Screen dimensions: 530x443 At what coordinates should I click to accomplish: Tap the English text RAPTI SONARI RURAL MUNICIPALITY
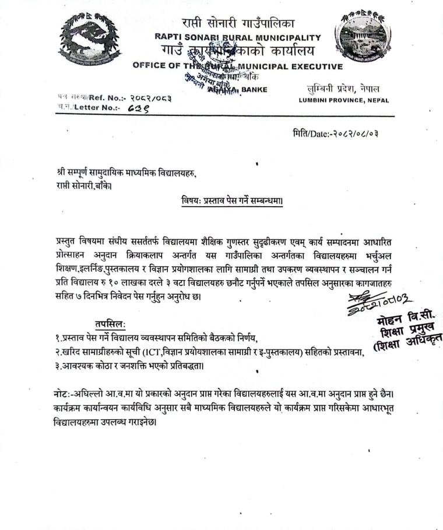[238, 37]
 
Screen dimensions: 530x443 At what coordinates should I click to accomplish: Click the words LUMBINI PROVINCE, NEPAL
[344, 100]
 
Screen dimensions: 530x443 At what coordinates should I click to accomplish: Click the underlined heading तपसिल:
[110, 324]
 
